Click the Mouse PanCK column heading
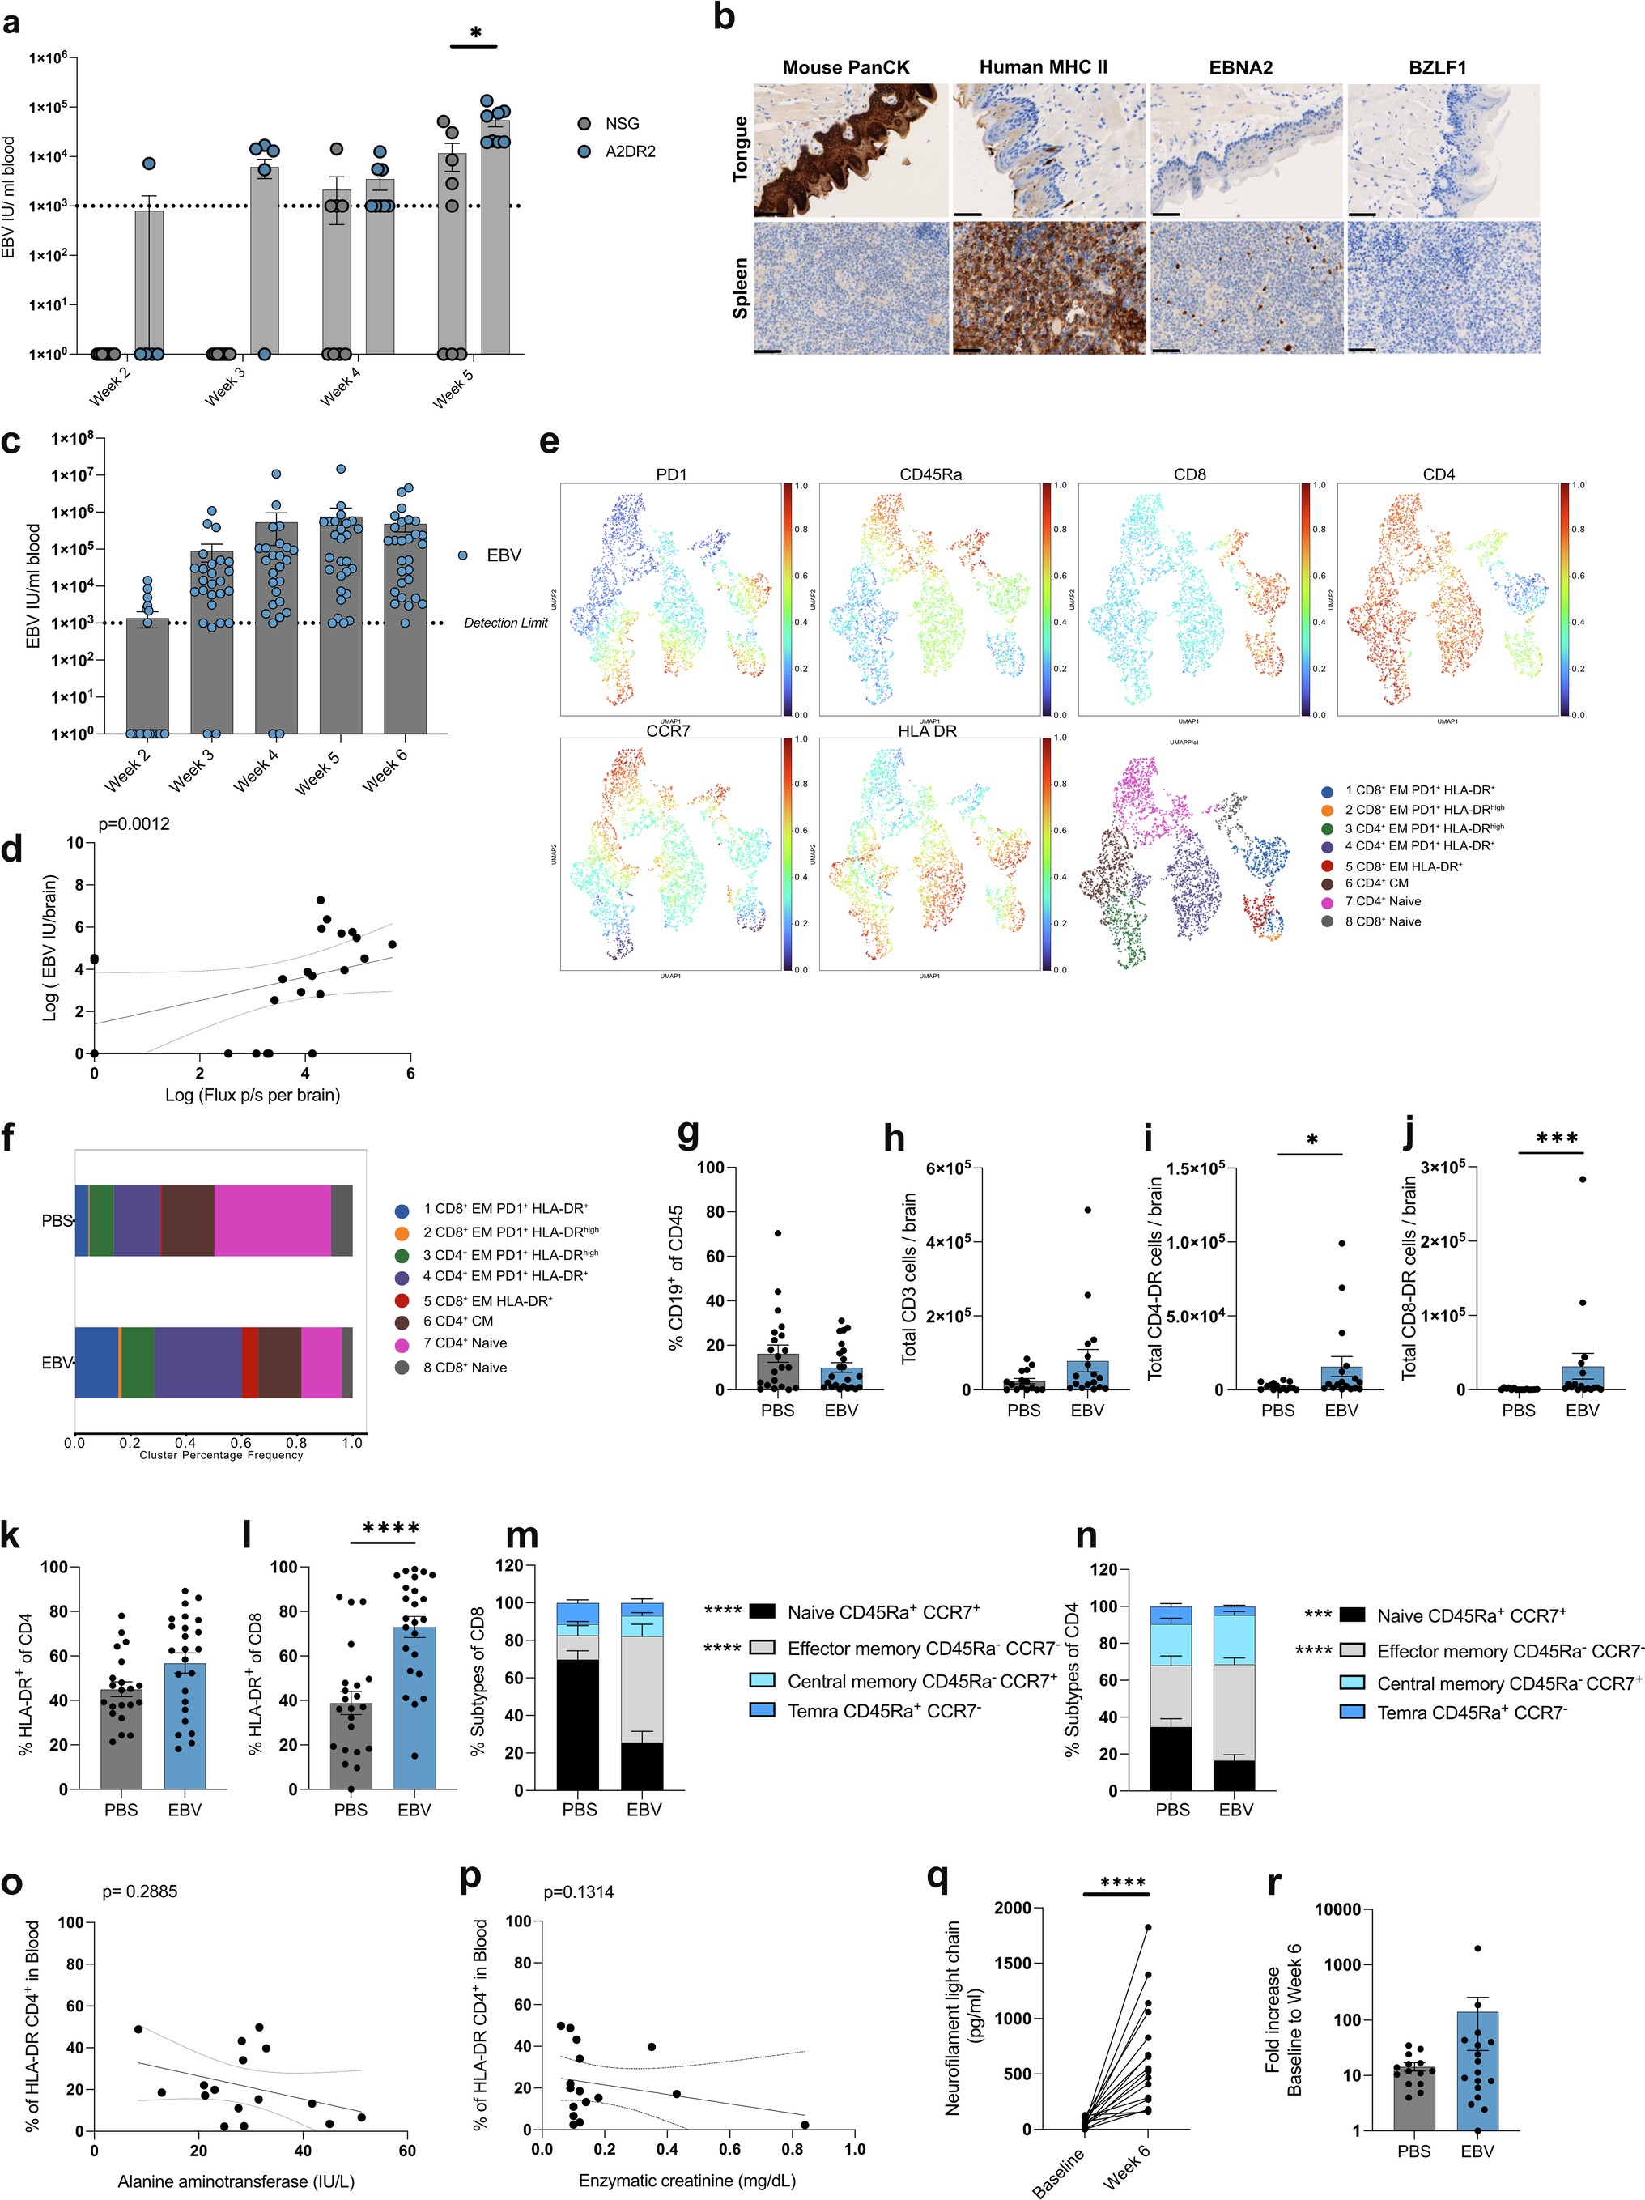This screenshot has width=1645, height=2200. [x=845, y=68]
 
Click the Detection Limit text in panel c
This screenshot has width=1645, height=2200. [x=505, y=623]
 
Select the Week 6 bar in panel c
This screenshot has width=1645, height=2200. [x=406, y=636]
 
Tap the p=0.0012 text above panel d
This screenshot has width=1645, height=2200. [x=134, y=823]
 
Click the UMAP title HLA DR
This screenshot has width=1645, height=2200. [x=927, y=731]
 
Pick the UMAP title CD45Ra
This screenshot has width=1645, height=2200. [x=930, y=474]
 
